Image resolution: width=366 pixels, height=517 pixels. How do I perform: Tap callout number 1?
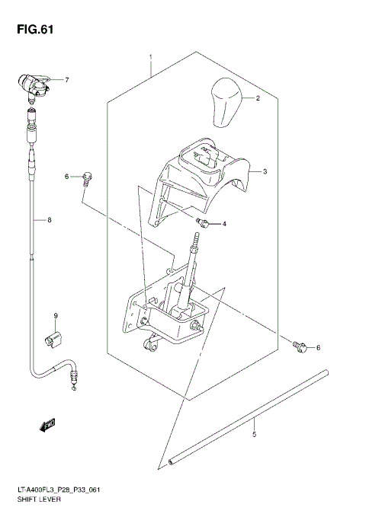click(151, 58)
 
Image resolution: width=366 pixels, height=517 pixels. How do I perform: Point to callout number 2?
click(258, 99)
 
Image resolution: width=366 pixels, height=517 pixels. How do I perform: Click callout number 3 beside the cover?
click(265, 173)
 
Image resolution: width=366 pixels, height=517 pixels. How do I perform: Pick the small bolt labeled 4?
click(204, 222)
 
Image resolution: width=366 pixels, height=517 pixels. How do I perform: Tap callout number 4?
click(224, 225)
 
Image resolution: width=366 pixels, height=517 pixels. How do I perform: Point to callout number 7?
click(66, 80)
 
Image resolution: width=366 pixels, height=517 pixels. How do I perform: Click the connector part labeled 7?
click(34, 86)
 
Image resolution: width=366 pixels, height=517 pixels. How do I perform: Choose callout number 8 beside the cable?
click(49, 222)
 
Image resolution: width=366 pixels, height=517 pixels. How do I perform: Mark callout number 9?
click(55, 316)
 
